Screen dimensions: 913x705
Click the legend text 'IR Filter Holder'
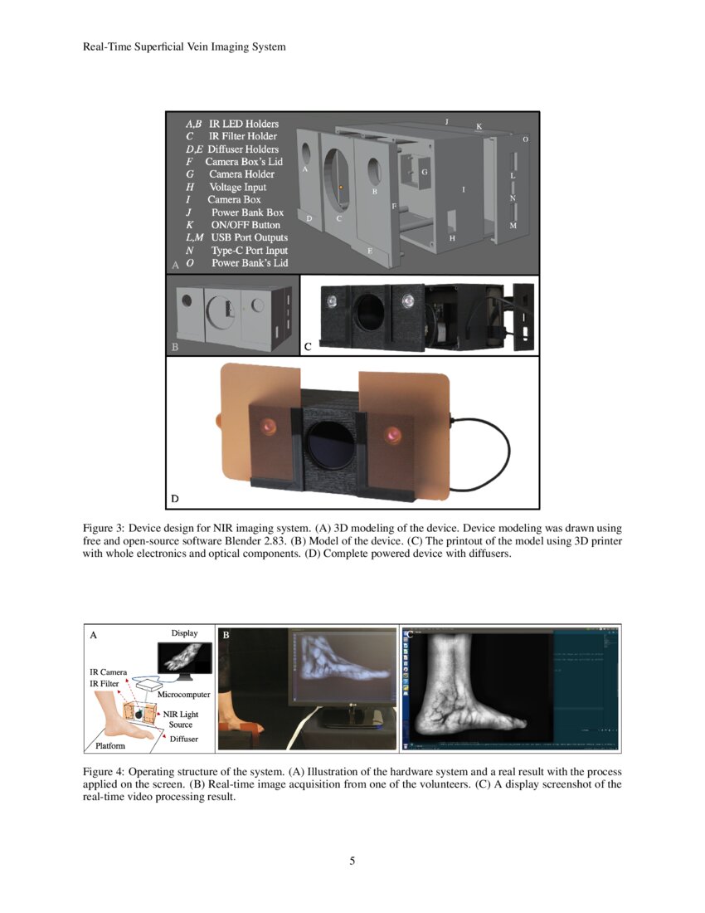click(242, 136)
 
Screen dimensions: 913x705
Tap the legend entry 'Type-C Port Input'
click(250, 251)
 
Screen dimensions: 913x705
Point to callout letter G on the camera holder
click(424, 172)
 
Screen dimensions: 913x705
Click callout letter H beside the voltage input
click(452, 238)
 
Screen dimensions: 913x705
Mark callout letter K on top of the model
click(479, 126)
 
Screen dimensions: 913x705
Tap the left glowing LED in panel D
click(269, 427)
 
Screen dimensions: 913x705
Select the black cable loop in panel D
click(481, 452)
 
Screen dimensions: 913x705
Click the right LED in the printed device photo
click(406, 300)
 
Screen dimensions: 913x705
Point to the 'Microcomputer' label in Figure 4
click(183, 694)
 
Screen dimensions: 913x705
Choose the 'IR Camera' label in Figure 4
click(108, 671)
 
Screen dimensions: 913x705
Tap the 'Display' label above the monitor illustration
click(184, 633)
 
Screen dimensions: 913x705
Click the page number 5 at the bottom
click(352, 861)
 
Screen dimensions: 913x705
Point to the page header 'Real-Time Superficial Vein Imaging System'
click(184, 46)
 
